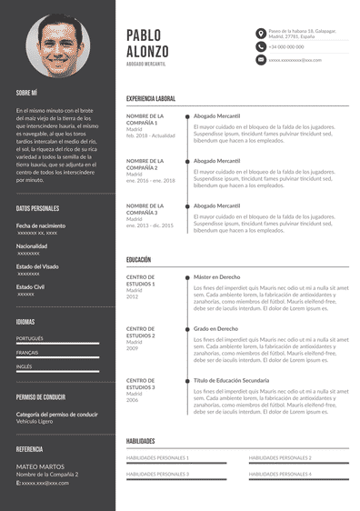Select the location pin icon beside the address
[260, 33]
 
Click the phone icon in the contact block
[260, 46]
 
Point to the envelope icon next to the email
[260, 59]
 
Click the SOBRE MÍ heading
[26, 93]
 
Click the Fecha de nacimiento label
[41, 225]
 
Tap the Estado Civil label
[31, 286]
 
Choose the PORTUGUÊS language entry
[30, 338]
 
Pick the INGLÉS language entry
[25, 366]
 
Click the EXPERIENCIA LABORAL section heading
[151, 98]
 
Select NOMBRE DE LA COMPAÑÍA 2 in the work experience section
[145, 165]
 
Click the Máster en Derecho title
[216, 276]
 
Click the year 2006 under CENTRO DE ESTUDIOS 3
[133, 400]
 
